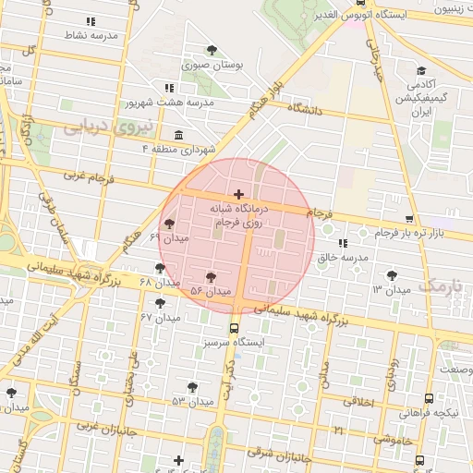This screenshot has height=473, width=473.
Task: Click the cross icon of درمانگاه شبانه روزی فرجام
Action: [239, 194]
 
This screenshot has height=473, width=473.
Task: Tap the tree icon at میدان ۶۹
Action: [168, 223]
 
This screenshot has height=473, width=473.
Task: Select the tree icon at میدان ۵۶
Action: [212, 276]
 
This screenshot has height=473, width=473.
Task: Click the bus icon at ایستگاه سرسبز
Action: [233, 327]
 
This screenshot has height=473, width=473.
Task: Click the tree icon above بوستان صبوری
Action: [212, 50]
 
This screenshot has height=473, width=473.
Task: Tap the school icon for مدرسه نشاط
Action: [90, 20]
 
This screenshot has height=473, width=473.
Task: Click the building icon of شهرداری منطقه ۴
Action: [176, 136]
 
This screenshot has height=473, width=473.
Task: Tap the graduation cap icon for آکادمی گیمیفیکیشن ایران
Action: [420, 71]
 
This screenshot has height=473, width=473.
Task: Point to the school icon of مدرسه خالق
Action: [343, 243]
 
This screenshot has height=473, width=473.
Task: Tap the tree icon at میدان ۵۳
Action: [192, 386]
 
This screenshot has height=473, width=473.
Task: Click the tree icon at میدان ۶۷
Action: [160, 302]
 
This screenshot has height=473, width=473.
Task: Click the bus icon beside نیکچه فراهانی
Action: [429, 398]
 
